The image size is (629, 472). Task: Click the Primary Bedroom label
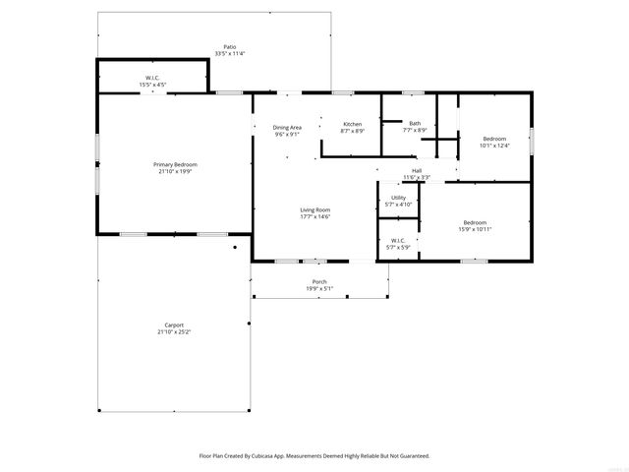click(175, 164)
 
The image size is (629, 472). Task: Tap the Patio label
click(229, 46)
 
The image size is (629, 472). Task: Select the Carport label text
click(174, 325)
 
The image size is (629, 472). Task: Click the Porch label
click(319, 281)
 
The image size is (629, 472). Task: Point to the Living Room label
click(314, 209)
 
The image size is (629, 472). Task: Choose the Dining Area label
click(287, 127)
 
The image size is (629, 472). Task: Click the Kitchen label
click(352, 124)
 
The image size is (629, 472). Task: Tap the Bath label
click(415, 123)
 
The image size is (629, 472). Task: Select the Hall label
click(417, 170)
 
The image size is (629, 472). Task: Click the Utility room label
click(398, 198)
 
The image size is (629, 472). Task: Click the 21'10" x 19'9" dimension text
click(175, 170)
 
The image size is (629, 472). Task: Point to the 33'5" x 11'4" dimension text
click(229, 53)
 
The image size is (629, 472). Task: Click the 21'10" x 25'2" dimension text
click(174, 332)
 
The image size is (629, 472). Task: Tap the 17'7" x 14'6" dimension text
click(314, 216)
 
